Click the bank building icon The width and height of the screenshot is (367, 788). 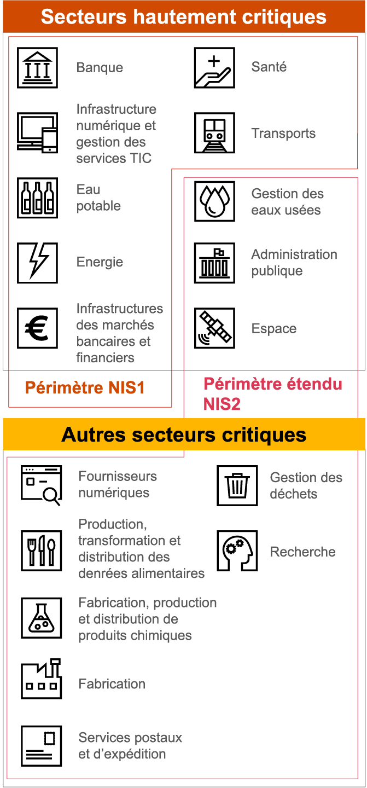coord(37,68)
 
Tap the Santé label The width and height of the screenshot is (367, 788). coord(269,67)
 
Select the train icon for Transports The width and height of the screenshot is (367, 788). coord(214,133)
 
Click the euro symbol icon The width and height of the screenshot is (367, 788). coord(37,328)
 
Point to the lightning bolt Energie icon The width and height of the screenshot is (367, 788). coord(37,263)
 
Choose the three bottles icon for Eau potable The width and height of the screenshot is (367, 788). coord(37,198)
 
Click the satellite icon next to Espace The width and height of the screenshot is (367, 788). coord(214,328)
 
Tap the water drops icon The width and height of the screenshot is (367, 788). coord(214,201)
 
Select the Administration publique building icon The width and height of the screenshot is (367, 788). coord(214,263)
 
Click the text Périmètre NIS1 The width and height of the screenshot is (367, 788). coord(85,389)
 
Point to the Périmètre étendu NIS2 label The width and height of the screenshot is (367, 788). coord(272,393)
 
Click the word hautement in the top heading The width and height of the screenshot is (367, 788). coord(182,16)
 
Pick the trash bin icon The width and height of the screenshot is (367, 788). coord(237,485)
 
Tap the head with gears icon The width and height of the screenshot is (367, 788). coord(237,551)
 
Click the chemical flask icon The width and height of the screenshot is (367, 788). coord(41,618)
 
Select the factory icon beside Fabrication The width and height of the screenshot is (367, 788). coord(41,679)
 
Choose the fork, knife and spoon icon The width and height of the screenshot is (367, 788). coord(41,551)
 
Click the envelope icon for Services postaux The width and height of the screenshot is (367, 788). coord(41,746)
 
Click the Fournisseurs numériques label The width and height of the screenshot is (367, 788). coord(117,484)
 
